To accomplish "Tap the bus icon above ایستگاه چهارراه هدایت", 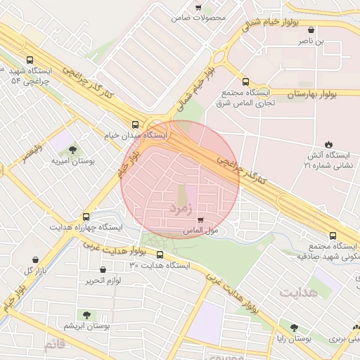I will click(86, 217).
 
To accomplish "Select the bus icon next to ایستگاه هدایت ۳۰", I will click(160, 255).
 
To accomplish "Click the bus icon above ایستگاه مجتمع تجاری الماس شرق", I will click(245, 81).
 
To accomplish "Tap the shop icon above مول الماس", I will click(201, 219).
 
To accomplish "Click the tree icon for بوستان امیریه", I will click(74, 149).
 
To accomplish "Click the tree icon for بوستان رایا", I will click(294, 327).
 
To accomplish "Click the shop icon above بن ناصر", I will click(311, 30).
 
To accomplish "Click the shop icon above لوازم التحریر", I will click(103, 269).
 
